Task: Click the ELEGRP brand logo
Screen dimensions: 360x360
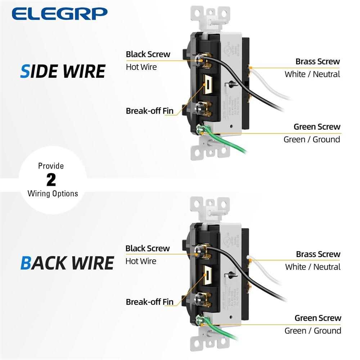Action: pos(59,14)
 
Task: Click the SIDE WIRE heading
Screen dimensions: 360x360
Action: pos(62,71)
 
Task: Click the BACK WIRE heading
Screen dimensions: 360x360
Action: pos(67,263)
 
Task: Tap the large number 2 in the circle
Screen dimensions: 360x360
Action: pos(51,180)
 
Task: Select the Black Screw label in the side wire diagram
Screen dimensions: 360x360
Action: pos(148,54)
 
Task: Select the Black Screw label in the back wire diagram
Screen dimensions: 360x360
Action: pos(147,248)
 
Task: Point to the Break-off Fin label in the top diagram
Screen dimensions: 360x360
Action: pos(149,111)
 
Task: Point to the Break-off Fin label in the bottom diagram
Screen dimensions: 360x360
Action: pos(149,302)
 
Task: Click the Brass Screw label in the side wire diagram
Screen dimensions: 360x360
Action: pos(318,62)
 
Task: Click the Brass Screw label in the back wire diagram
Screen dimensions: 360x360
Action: pos(318,254)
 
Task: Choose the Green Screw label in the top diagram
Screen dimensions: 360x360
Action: pos(317,127)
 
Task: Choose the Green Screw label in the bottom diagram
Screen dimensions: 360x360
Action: pos(318,318)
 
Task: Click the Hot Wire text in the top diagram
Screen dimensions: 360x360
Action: pos(141,67)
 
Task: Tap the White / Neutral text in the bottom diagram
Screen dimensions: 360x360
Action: pos(312,267)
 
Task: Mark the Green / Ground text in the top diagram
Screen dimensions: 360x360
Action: pos(312,139)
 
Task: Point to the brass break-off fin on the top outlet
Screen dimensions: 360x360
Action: pos(208,85)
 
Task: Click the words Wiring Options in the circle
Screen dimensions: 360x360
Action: pos(53,194)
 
